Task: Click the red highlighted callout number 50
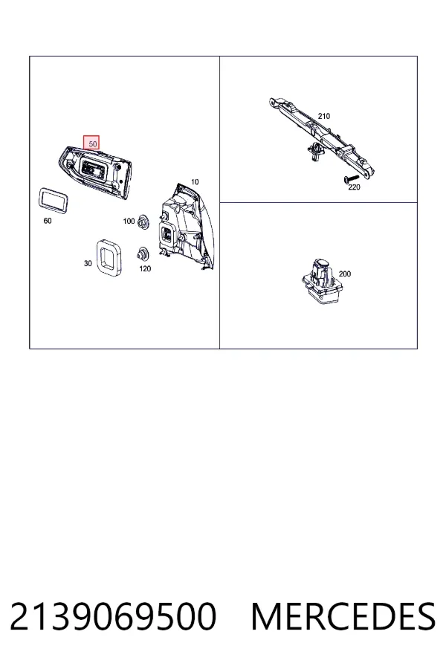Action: tap(91, 143)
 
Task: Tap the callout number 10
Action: tap(195, 182)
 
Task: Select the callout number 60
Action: tap(48, 221)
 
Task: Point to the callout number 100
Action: tap(129, 221)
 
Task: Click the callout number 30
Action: tap(88, 264)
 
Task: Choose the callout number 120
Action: tap(145, 269)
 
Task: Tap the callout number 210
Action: tap(324, 116)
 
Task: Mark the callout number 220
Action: tap(355, 187)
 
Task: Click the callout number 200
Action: tap(344, 274)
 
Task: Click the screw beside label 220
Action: tap(352, 178)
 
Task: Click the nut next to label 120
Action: tap(142, 253)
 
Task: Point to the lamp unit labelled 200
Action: tap(321, 282)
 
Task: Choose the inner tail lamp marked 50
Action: tap(95, 171)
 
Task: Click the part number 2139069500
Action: tap(113, 616)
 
